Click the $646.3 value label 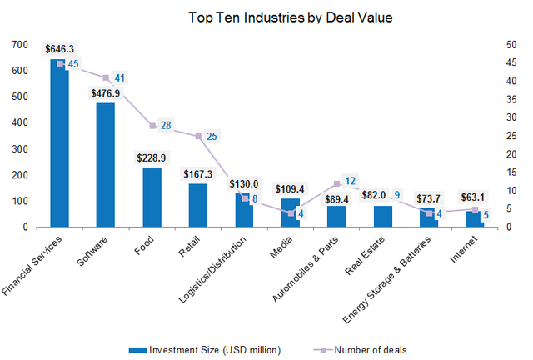(59, 49)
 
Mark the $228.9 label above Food (152, 157)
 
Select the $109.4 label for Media (290, 189)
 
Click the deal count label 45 (74, 63)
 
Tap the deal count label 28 (166, 126)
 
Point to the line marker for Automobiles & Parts (336, 183)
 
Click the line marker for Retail (197, 136)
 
